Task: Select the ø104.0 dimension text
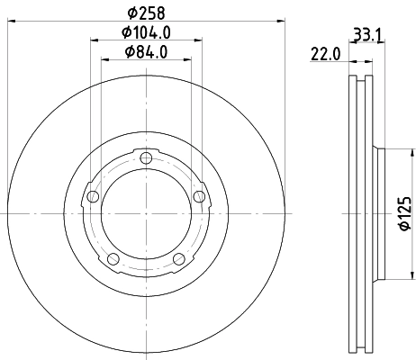click(145, 33)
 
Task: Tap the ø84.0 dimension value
click(145, 53)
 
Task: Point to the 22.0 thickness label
click(324, 55)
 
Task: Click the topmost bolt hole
click(146, 159)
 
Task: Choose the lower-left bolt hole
click(113, 259)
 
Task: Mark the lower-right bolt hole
click(178, 259)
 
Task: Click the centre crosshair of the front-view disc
click(146, 214)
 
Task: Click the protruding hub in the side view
click(379, 214)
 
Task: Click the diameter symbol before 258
click(131, 13)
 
